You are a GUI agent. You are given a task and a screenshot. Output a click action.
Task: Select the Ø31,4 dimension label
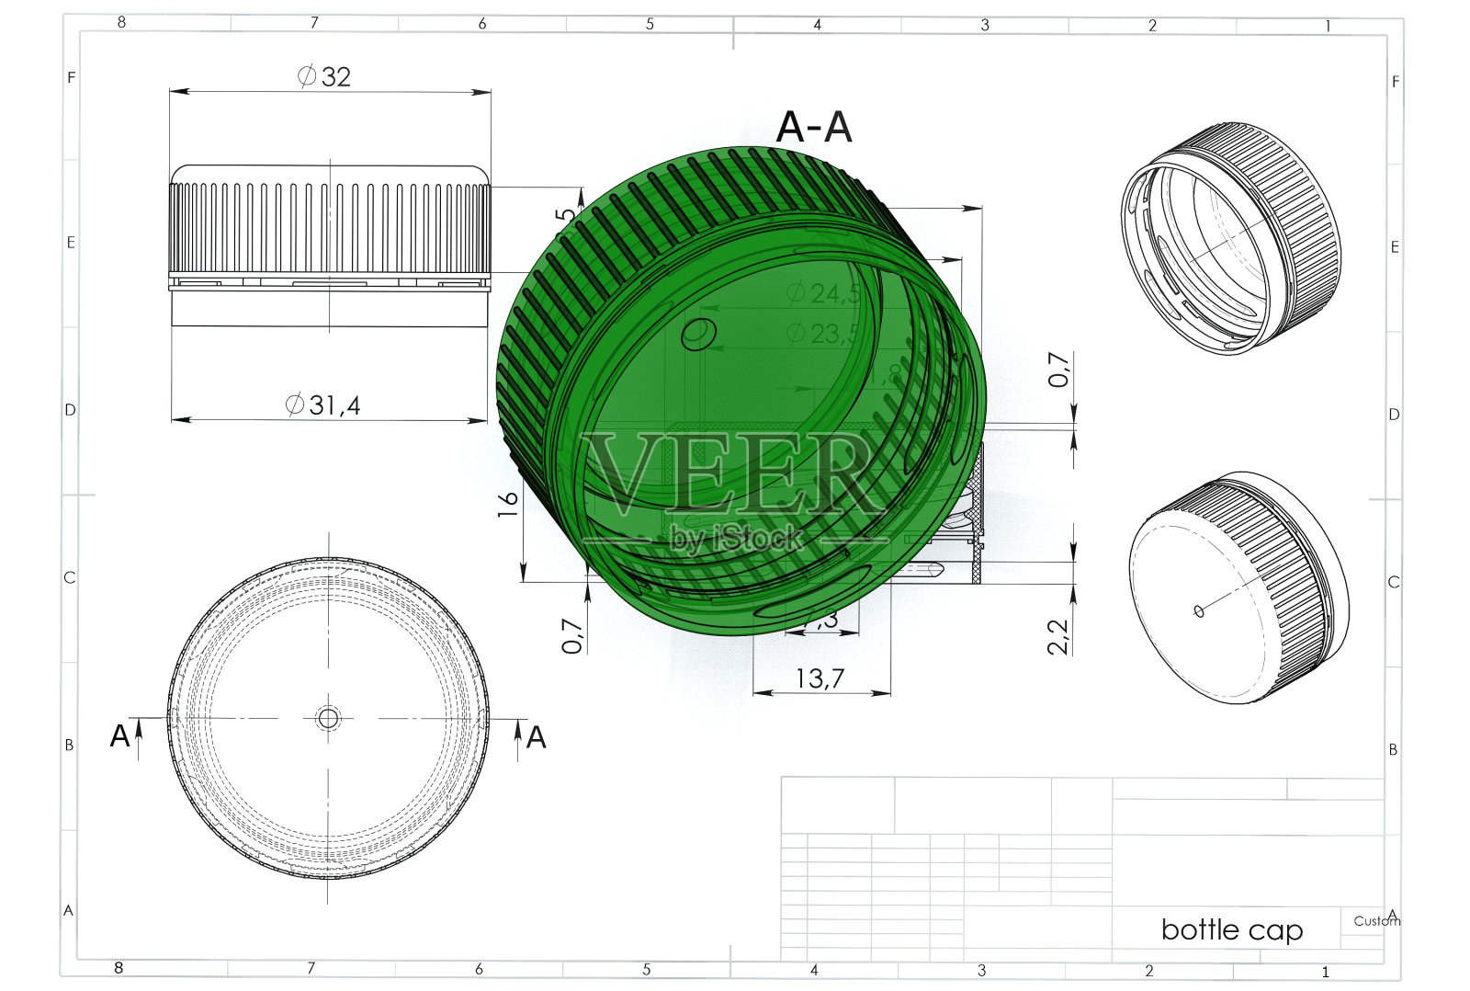[323, 404]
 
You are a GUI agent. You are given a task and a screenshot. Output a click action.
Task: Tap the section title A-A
[814, 128]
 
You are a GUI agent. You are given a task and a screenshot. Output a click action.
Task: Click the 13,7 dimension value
[820, 678]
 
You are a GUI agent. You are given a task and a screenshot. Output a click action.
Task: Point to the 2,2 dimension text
[1059, 635]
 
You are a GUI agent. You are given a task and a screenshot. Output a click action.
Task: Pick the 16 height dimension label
[508, 503]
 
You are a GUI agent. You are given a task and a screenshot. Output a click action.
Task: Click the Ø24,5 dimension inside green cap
[823, 293]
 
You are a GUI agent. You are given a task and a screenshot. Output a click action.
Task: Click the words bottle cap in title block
[1231, 929]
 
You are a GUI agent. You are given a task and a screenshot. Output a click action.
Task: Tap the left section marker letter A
[119, 735]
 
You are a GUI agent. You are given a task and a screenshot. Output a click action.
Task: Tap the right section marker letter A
[536, 737]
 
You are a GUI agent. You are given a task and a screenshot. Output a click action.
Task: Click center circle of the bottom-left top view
[328, 718]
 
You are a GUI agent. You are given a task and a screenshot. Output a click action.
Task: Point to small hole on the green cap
[699, 334]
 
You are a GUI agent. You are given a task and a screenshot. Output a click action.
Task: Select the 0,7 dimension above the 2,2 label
[1059, 370]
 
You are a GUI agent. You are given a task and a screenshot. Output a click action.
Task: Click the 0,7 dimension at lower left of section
[571, 635]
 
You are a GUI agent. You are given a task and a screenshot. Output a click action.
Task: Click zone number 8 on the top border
[121, 22]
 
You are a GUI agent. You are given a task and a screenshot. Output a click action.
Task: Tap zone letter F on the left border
[71, 78]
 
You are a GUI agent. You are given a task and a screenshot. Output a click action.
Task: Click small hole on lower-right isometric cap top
[1199, 611]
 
